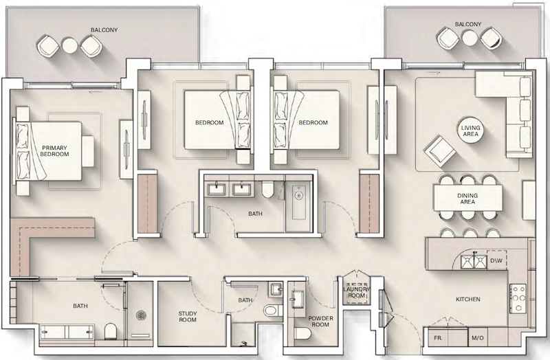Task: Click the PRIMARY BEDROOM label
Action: coord(54,151)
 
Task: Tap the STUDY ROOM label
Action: coord(188,317)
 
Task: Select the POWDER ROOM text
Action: coord(320,322)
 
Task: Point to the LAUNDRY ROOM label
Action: coord(356,293)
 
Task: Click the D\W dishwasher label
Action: coord(496,261)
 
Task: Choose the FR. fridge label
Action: coord(438,338)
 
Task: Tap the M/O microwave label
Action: coord(478,338)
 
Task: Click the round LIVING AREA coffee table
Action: coord(470,131)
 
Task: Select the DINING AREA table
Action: coord(468,198)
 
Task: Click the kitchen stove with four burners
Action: coord(518,298)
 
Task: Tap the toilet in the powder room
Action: coord(301,333)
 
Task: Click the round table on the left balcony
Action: coord(69,45)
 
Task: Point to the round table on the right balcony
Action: coord(468,38)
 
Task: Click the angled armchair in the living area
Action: coord(439,151)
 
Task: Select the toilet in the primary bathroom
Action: coord(111,331)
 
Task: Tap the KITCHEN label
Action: coord(468,300)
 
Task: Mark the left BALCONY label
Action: coord(104,30)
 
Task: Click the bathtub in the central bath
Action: coord(299,202)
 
